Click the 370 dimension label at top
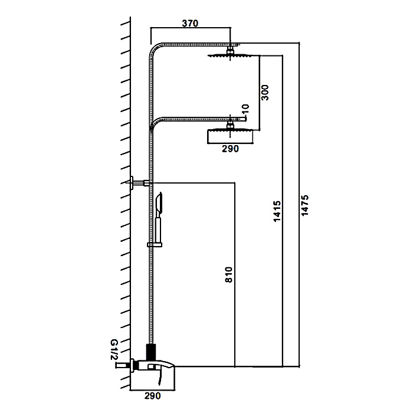coord(190,24)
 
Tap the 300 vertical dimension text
coord(265,93)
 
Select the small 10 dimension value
coord(245,109)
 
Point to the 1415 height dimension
coord(277,211)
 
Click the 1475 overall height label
coord(305,206)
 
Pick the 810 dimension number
coord(229,275)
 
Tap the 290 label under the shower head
coord(230,149)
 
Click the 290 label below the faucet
coord(152,396)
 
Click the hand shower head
coord(159,204)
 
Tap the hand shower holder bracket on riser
coord(155,245)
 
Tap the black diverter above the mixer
coord(151,352)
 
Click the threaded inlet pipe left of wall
coord(123,366)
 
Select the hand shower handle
coord(158,228)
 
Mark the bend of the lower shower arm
coord(155,122)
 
